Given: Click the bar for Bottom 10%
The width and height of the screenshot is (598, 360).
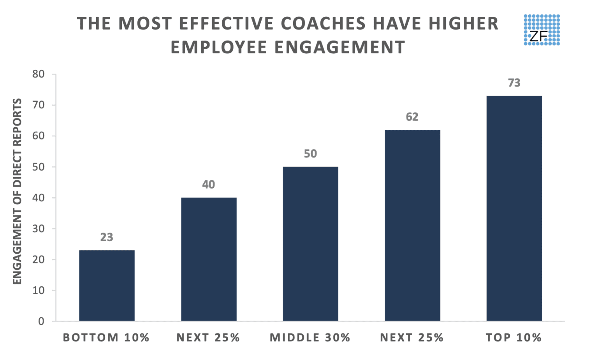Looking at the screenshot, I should click(107, 286).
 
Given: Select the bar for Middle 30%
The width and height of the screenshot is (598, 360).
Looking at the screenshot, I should click(310, 244).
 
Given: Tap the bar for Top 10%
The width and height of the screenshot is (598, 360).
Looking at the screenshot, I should click(514, 208).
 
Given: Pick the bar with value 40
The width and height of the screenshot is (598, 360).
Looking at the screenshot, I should click(209, 259).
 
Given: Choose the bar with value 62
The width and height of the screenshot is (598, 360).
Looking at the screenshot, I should click(412, 226).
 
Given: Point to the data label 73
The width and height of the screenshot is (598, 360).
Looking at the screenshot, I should click(514, 83).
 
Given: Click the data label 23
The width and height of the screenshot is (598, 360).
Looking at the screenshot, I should click(107, 237).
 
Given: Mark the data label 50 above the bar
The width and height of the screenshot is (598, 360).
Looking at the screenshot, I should click(310, 154).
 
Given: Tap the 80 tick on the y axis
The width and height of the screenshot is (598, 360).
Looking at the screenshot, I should click(39, 74).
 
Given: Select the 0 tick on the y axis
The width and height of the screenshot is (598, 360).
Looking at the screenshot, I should click(41, 321).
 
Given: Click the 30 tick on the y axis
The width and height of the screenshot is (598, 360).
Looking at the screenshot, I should click(39, 229).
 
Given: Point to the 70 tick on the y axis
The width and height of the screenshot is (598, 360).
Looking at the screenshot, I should click(39, 105).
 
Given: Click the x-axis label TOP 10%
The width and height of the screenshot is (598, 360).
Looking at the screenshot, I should click(514, 337).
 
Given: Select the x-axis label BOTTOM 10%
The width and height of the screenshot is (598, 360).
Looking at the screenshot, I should click(107, 337).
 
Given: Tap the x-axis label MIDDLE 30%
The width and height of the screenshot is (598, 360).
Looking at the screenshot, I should click(310, 337).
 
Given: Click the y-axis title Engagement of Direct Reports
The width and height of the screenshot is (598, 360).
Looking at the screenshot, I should click(17, 191).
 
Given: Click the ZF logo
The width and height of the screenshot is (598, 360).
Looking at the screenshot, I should click(542, 30).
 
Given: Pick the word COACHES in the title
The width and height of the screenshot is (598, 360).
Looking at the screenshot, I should click(324, 23).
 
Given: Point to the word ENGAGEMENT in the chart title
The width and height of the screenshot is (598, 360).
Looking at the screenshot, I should click(340, 48).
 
